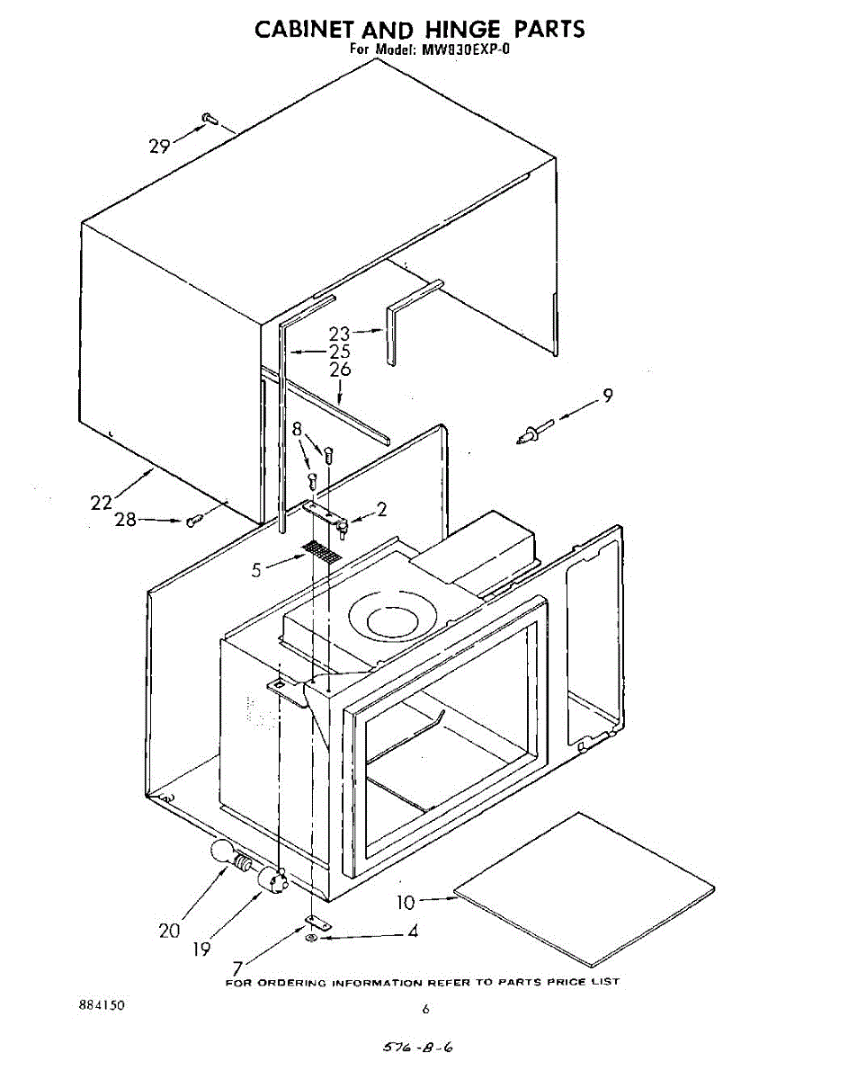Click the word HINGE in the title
click(x=438, y=29)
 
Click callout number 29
click(x=159, y=146)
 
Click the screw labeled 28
click(x=192, y=521)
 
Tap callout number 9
click(x=609, y=395)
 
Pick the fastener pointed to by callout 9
click(x=531, y=434)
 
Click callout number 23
click(x=339, y=334)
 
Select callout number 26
click(x=340, y=369)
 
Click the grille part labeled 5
click(x=322, y=551)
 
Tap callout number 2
click(x=382, y=510)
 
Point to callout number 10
click(x=407, y=901)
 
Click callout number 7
click(x=237, y=968)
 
